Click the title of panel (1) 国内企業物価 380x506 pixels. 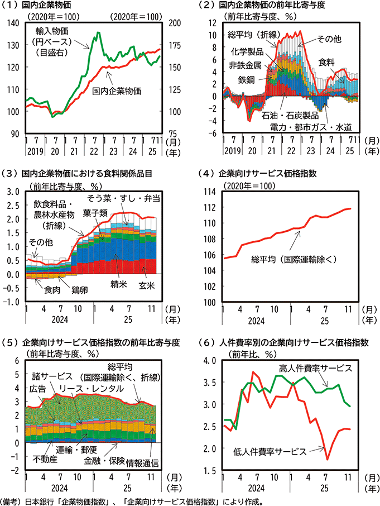[42, 6]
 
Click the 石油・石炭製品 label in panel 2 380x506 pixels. [290, 115]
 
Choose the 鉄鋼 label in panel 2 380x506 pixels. [246, 80]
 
